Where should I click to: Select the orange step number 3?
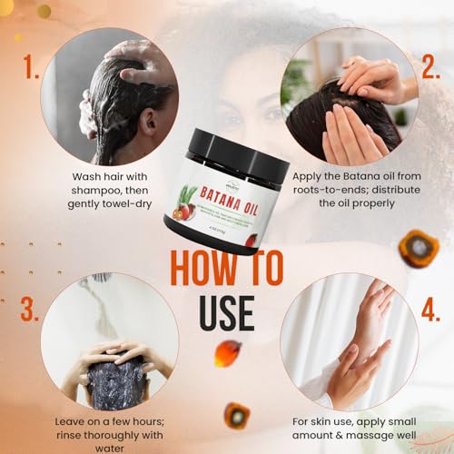coord(30,309)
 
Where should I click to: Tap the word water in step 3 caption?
coord(109,447)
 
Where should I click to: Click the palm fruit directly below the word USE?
coord(228,352)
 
